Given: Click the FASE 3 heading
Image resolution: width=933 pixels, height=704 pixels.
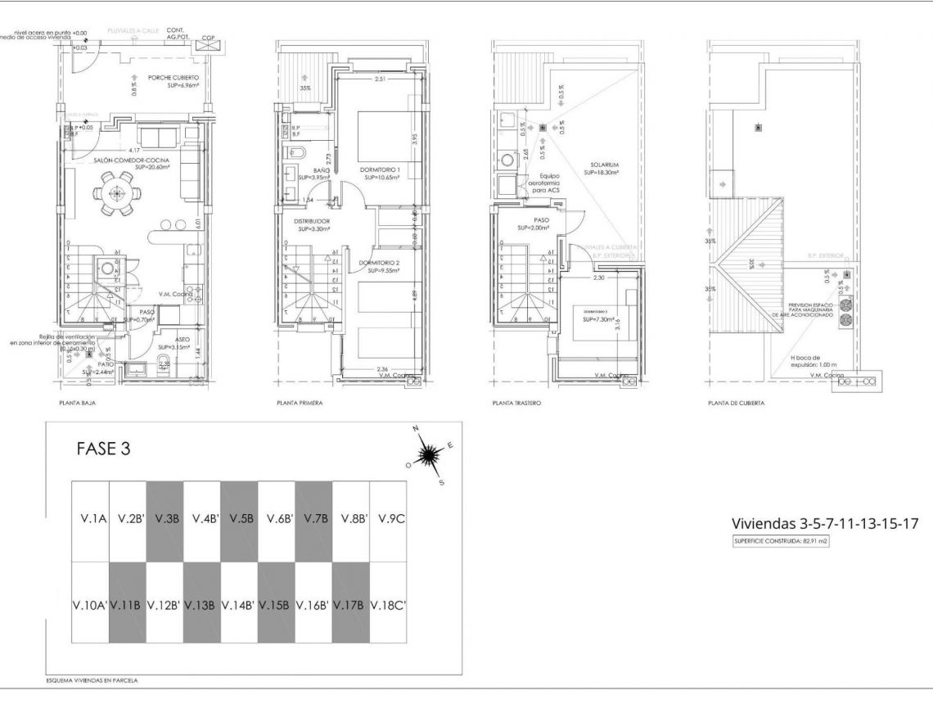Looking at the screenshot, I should (103, 449).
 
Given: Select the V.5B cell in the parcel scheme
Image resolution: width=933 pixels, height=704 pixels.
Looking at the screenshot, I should (240, 519).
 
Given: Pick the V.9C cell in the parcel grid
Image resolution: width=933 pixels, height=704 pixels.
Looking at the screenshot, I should (389, 519).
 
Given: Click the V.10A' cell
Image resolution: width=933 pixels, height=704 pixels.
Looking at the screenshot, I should (90, 606).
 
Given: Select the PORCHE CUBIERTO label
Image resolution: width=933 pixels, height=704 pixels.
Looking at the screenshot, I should (173, 79).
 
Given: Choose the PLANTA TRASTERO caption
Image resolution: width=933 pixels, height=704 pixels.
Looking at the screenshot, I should (517, 404).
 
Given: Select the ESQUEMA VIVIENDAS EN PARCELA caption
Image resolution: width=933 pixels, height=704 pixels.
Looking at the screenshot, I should (92, 680).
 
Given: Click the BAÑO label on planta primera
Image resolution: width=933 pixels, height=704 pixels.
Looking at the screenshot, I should (309, 169).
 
